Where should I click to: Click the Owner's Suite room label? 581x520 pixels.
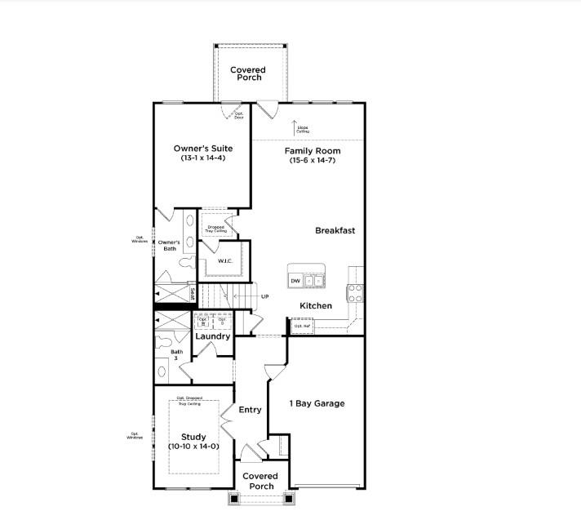(x=203, y=149)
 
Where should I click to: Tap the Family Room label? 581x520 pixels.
(x=313, y=151)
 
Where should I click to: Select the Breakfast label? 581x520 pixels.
(x=335, y=231)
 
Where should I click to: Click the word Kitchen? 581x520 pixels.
(x=316, y=306)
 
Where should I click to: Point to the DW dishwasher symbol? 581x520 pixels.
(x=295, y=282)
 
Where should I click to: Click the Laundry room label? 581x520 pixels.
(x=212, y=336)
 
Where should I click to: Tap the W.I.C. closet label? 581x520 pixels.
(x=226, y=261)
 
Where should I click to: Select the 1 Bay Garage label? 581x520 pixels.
(x=317, y=403)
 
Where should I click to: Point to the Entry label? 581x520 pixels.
(x=250, y=410)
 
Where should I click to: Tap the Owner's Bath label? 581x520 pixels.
(x=169, y=246)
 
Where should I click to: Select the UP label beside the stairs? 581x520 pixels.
(x=264, y=296)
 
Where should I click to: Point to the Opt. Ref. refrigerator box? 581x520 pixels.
(x=303, y=326)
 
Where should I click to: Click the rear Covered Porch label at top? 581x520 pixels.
(x=247, y=73)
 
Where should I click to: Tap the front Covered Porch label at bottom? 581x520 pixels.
(x=262, y=481)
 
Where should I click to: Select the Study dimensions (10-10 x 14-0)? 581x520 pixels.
(x=193, y=447)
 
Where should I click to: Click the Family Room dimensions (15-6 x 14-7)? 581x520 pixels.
(x=313, y=161)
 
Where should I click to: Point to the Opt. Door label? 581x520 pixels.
(x=239, y=116)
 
